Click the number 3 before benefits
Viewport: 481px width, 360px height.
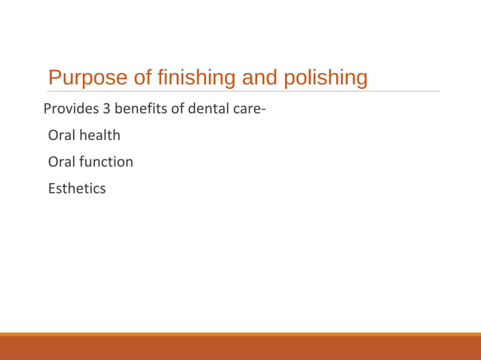click(x=107, y=109)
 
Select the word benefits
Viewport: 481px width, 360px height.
click(x=140, y=109)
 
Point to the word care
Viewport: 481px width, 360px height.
click(x=244, y=109)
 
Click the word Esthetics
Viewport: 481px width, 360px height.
click(x=77, y=188)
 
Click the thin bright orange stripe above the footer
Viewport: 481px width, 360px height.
click(x=240, y=334)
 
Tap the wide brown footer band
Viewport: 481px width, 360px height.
click(x=240, y=349)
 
